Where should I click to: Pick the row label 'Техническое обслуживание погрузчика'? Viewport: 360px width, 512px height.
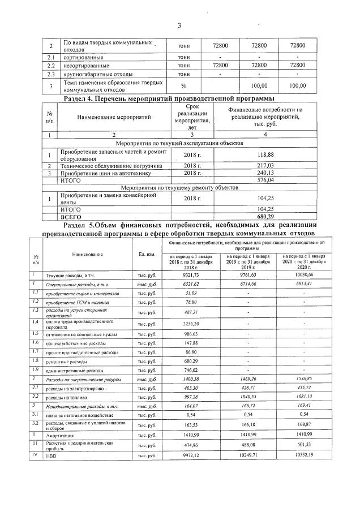point(111,166)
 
